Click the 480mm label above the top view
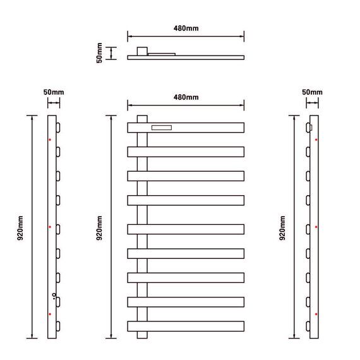pos(186,28)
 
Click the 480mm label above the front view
pos(186,97)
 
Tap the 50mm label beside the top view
pos(99,53)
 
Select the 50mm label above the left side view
pos(54,92)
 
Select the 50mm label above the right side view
pos(312,92)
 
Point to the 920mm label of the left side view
pos(20,228)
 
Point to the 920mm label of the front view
pos(99,228)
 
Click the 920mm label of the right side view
pos(282,228)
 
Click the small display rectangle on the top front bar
pos(162,128)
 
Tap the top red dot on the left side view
pos(50,140)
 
